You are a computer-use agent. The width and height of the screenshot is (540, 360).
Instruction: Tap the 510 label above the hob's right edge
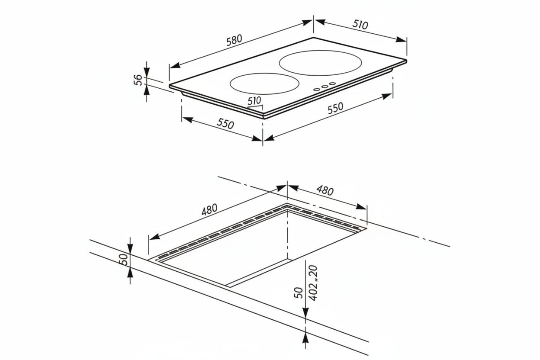360,25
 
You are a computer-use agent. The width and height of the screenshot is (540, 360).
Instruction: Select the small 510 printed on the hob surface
254,100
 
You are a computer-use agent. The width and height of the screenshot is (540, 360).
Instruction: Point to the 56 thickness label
138,80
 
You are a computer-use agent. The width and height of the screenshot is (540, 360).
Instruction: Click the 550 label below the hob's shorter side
225,123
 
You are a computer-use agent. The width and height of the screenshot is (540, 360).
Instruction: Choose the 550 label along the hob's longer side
335,108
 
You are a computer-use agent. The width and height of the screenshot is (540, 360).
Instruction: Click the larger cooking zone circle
320,63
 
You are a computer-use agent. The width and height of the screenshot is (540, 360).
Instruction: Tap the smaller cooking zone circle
264,84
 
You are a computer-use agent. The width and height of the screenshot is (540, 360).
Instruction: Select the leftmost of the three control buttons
317,90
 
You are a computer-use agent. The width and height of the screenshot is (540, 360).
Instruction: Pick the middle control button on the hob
325,87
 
